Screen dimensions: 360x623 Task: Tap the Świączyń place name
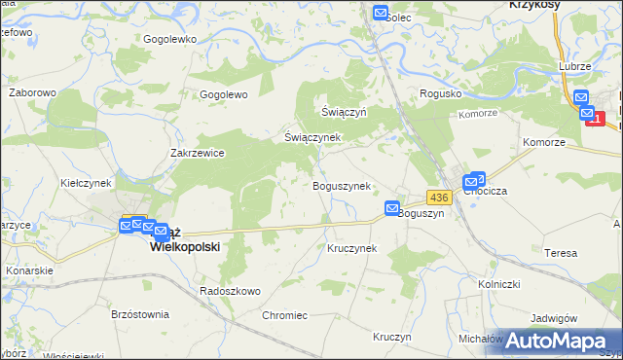point(344,112)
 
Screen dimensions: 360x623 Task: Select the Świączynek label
point(311,137)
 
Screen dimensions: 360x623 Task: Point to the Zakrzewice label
point(198,153)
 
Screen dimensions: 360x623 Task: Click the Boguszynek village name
point(340,186)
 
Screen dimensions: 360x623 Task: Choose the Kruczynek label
point(351,248)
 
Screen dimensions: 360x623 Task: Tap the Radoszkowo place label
point(229,291)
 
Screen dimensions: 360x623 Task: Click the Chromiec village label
point(284,315)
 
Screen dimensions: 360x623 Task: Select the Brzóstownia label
point(140,314)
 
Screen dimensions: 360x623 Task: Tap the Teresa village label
point(561,252)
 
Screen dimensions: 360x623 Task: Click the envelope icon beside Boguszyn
point(392,208)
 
